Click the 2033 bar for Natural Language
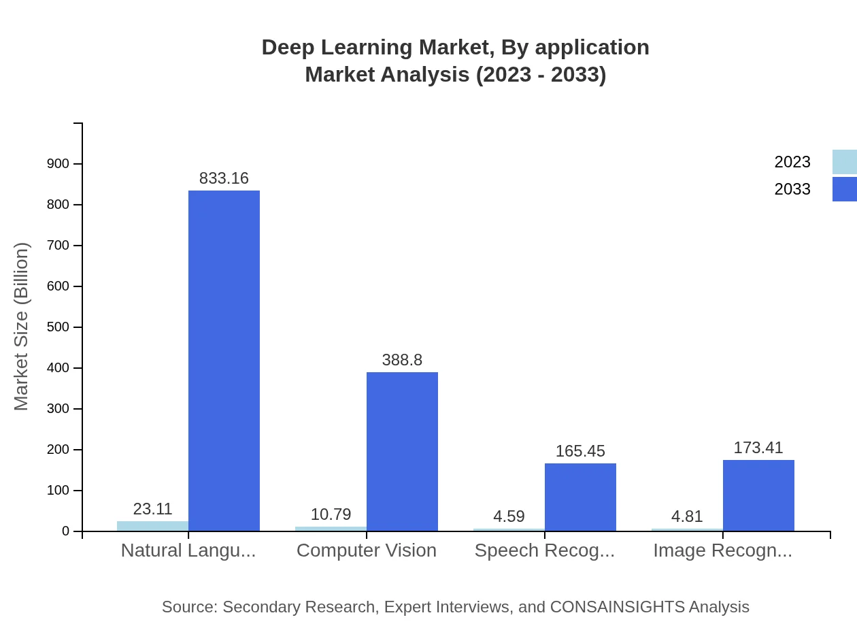click(224, 361)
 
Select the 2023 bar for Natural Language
click(152, 526)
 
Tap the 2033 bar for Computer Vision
click(402, 451)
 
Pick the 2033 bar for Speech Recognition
click(580, 497)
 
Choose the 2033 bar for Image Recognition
click(758, 495)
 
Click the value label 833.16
click(224, 178)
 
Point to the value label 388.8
click(402, 360)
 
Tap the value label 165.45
click(580, 451)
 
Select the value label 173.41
click(758, 448)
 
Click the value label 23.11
click(152, 509)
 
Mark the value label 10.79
click(331, 514)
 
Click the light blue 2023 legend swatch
click(844, 162)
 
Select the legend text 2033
click(792, 189)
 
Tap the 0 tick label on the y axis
click(66, 531)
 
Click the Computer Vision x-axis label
click(367, 550)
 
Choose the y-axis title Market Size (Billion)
click(21, 327)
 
